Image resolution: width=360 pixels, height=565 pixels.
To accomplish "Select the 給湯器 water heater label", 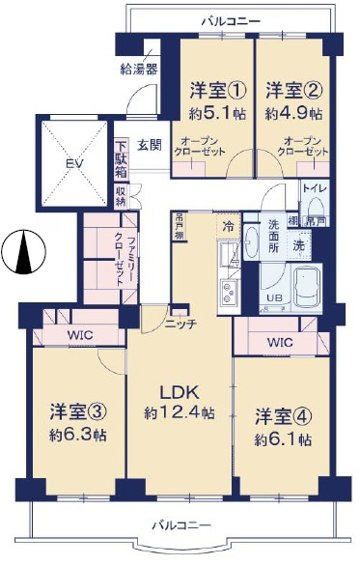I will click(139, 70).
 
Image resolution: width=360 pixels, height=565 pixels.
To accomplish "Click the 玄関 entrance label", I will click(150, 145).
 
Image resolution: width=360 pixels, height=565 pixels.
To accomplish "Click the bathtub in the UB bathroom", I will click(300, 283).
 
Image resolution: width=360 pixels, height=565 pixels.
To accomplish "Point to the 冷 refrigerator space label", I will click(228, 227).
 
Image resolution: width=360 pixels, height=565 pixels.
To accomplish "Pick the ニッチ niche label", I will click(180, 324).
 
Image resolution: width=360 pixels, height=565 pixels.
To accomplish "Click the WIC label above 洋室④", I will click(280, 342).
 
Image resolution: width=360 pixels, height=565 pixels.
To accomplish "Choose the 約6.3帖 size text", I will click(77, 434).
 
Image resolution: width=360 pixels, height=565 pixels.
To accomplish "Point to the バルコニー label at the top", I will click(229, 18).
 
